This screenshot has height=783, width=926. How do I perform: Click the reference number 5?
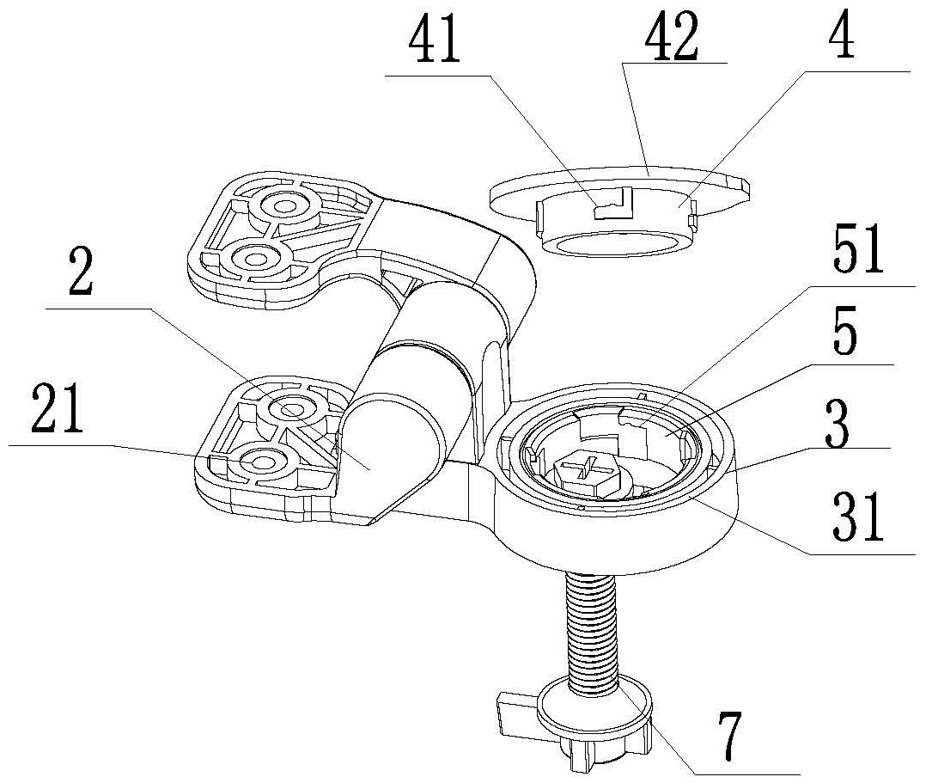pyautogui.click(x=845, y=338)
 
